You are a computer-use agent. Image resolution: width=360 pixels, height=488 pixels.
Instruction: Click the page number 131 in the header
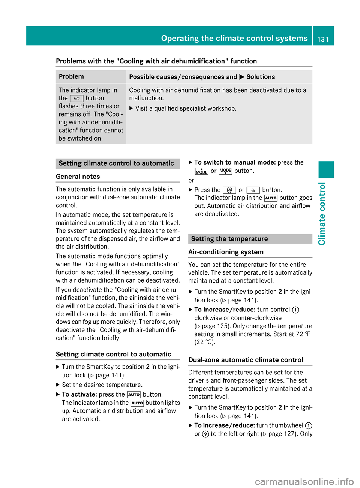[323, 39]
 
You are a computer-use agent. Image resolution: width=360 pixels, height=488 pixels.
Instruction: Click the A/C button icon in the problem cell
[76, 98]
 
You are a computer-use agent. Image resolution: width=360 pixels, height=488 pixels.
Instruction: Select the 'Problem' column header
[71, 76]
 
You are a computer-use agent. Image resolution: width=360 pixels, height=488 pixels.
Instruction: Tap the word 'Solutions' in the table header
[261, 77]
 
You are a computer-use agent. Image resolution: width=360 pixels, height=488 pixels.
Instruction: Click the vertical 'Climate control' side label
[322, 214]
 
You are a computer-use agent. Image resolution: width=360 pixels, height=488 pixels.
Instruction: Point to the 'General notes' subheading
[78, 177]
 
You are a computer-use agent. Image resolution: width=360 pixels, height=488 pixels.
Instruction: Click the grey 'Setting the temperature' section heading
[229, 239]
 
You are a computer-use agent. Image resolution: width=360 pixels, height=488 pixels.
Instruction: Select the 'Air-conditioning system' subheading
[226, 252]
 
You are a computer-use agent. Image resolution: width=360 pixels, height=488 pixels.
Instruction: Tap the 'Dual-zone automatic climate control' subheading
[246, 360]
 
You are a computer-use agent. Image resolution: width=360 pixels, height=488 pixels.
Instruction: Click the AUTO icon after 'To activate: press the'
[134, 395]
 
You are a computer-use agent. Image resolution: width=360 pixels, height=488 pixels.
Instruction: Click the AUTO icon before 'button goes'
[271, 198]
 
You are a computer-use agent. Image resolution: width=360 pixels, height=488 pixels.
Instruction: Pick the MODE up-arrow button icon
[201, 171]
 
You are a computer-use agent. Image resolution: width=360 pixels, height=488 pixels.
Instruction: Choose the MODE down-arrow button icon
[225, 171]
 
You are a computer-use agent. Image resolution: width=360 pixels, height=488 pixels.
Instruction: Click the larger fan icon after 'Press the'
[229, 190]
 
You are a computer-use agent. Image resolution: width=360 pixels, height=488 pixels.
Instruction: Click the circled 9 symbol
[205, 434]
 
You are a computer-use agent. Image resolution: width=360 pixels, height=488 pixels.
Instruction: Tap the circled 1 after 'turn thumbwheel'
[308, 426]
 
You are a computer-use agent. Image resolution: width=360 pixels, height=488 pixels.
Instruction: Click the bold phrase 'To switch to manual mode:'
[235, 162]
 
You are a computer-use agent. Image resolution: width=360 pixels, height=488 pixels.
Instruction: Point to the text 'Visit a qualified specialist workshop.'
[186, 108]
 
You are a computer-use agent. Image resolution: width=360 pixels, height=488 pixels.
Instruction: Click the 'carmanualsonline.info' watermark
[304, 481]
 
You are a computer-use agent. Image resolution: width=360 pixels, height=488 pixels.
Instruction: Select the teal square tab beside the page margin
[326, 169]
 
